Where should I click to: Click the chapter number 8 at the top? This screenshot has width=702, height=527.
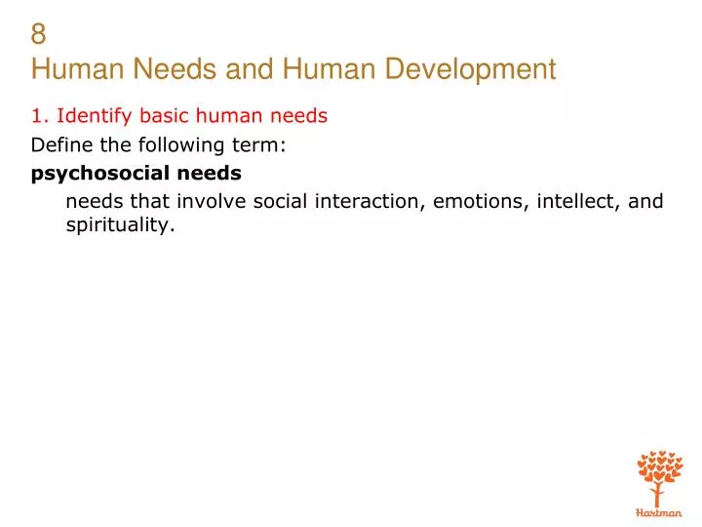(x=39, y=34)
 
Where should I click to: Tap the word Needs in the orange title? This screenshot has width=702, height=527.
(x=148, y=69)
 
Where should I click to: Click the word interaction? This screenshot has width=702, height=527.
(x=369, y=202)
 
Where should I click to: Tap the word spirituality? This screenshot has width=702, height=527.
(x=120, y=225)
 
